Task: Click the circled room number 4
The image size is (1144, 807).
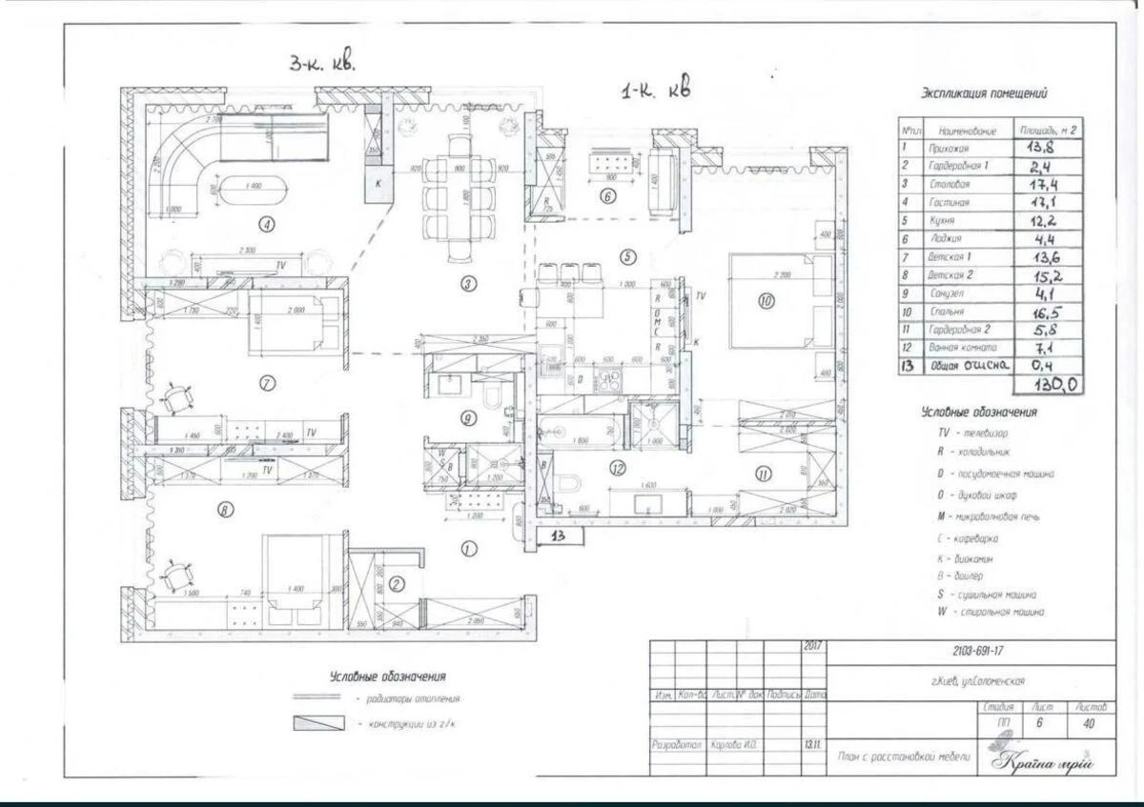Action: pos(268,225)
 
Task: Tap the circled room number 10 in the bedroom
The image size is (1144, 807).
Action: pos(766,301)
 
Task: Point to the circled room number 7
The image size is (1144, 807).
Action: pos(268,383)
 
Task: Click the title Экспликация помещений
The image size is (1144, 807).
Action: pos(984,94)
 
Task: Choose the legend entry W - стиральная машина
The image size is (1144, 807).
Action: pos(991,613)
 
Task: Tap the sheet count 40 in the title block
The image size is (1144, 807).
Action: pos(1089,724)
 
